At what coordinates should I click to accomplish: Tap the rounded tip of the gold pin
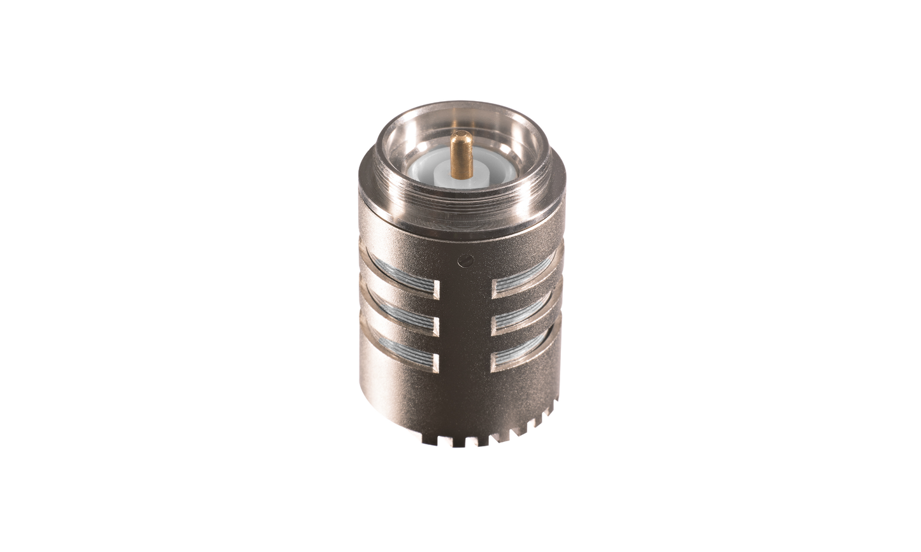(x=461, y=135)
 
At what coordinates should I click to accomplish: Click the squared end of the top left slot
(x=435, y=289)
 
